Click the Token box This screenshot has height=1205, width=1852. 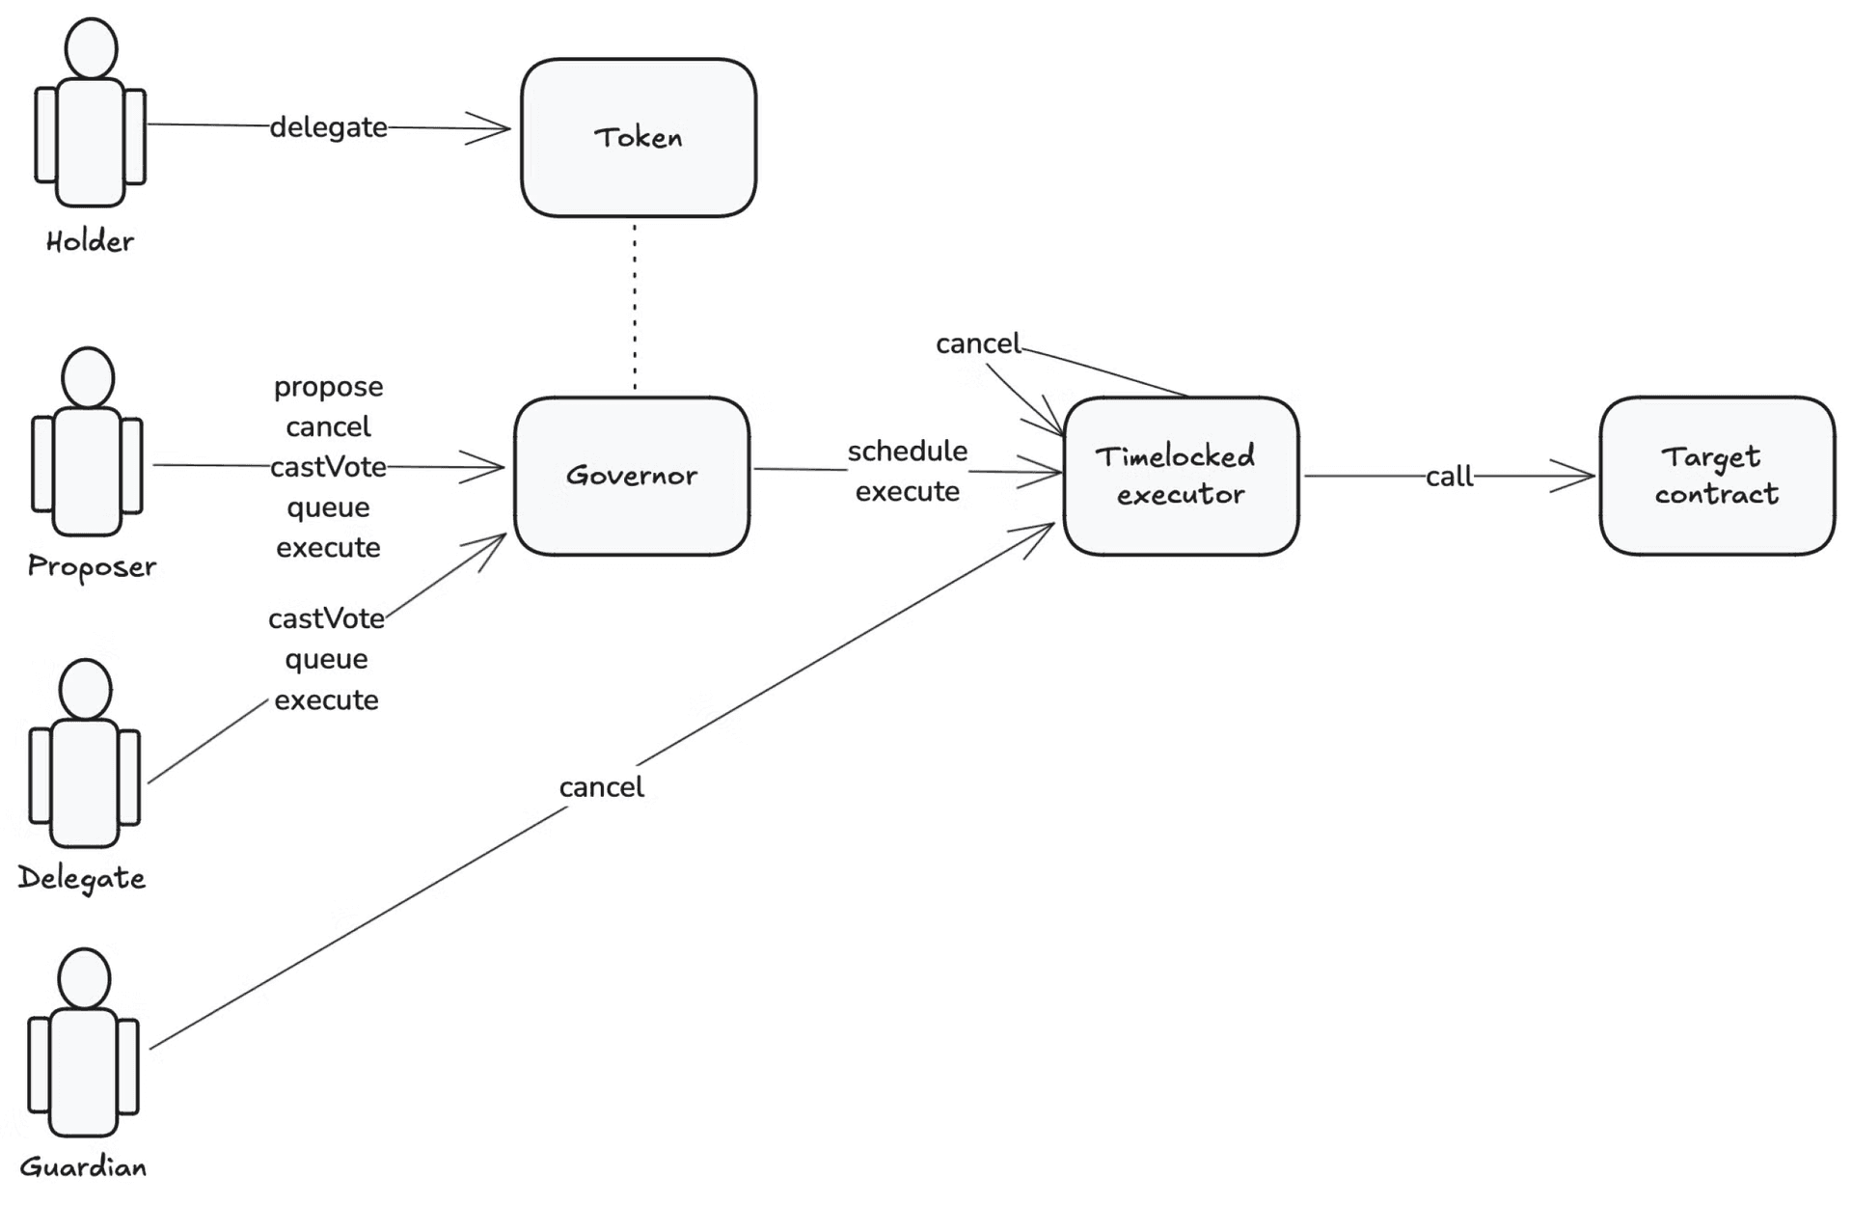click(x=638, y=138)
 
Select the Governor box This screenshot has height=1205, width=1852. click(x=632, y=476)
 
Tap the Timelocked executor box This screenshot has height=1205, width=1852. click(x=1181, y=476)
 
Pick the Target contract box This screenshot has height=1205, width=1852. click(x=1717, y=476)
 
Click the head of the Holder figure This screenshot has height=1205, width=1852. click(x=91, y=47)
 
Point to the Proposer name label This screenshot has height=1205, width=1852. click(x=92, y=566)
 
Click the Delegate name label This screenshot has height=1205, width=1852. click(x=82, y=878)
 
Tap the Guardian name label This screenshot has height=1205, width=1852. click(x=84, y=1167)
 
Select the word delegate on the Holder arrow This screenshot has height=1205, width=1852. click(x=328, y=127)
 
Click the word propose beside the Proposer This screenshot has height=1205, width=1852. click(x=328, y=387)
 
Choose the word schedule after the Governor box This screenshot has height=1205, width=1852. click(x=907, y=451)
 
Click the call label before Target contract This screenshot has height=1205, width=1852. click(x=1449, y=477)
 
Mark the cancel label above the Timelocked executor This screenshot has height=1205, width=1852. click(x=977, y=343)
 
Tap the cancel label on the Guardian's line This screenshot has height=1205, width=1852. click(x=601, y=787)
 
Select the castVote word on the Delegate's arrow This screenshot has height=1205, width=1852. click(x=326, y=618)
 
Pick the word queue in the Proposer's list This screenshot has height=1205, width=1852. click(x=328, y=507)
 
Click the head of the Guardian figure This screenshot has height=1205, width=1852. click(x=84, y=978)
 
